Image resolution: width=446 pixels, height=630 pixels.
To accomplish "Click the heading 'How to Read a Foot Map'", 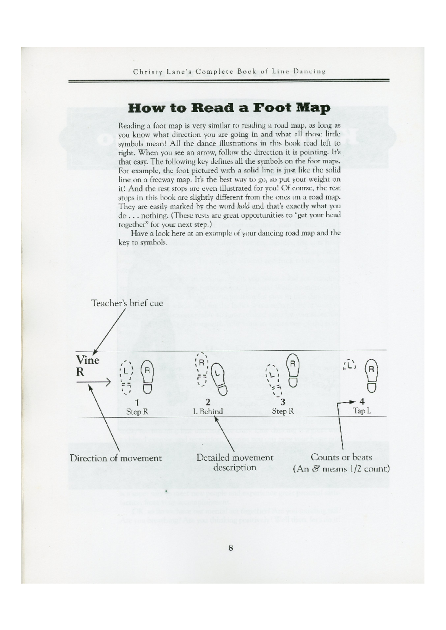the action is coord(229,108).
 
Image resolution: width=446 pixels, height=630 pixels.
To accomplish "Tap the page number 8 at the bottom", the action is coord(231,548).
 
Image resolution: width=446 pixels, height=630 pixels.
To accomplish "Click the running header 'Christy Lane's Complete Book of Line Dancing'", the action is coord(229,71).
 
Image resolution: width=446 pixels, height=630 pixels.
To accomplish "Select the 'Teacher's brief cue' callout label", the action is coord(127,303).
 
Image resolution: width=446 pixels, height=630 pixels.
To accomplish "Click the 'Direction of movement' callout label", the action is coord(116,458).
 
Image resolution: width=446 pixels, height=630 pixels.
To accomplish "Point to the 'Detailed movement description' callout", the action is coord(235,462).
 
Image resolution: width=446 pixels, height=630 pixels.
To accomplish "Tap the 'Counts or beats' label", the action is coord(341,457).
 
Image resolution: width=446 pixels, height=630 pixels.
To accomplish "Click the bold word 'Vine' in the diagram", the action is coord(88,360).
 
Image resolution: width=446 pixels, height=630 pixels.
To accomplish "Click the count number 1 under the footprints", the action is coord(137,402).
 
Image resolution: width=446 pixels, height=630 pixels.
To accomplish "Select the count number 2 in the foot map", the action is coord(208,402).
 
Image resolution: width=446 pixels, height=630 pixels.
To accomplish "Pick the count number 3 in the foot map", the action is coord(283,402).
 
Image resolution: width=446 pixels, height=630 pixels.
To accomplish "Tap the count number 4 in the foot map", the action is coord(362,402).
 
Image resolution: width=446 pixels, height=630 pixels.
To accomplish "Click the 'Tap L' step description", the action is coord(362,411).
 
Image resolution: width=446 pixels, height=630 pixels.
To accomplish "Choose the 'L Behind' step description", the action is coord(208,411).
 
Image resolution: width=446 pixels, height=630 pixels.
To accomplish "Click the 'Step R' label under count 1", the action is coord(137,412).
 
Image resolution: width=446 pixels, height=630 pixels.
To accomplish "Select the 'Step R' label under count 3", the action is coord(283,411).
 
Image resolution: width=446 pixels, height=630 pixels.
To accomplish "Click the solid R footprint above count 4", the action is coord(372,375).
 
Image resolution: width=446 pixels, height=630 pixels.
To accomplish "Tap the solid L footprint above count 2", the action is coord(219,378).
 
